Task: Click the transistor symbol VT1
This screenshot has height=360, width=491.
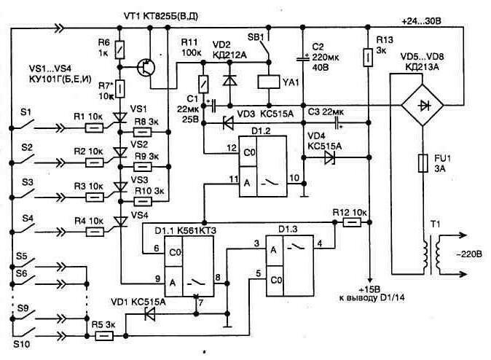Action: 149,67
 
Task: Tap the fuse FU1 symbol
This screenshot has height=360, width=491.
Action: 422,162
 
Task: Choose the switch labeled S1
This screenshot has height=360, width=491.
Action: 30,119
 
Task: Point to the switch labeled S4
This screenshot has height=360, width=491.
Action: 30,222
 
